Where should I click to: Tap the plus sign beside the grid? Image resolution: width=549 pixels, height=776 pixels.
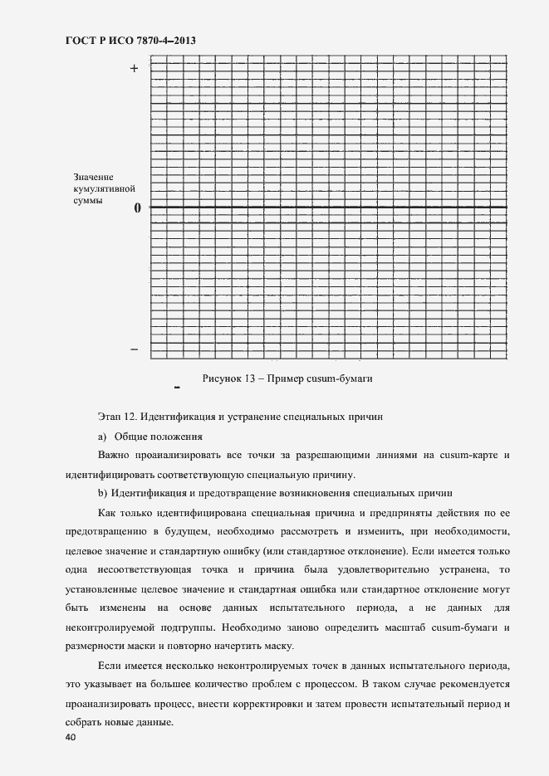(x=134, y=69)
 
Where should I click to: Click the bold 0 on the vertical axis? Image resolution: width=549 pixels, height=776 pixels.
(x=138, y=207)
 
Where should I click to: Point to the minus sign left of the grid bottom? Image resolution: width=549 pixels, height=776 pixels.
(x=135, y=349)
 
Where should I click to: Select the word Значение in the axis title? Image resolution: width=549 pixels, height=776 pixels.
(x=94, y=178)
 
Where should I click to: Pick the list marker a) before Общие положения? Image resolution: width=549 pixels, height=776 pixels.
(x=103, y=437)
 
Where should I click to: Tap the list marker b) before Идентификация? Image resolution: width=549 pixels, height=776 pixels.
(x=103, y=492)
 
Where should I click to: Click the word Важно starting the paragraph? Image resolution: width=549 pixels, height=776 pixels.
(x=114, y=456)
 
